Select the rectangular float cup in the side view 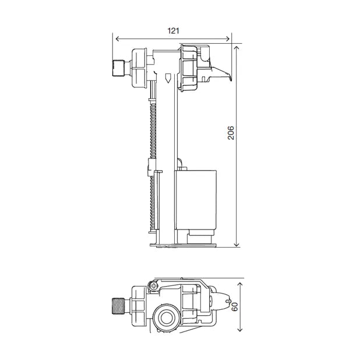[x=196, y=200]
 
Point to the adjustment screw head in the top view [x=154, y=285]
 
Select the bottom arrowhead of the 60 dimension [x=239, y=330]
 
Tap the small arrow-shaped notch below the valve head [x=168, y=78]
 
